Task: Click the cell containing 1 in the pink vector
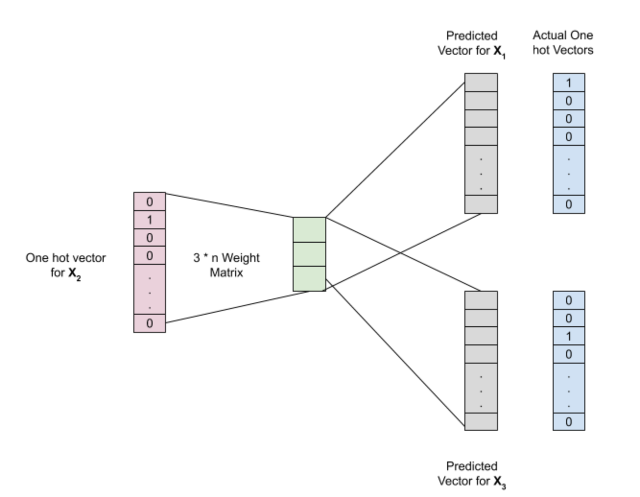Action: click(150, 220)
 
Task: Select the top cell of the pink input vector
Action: click(150, 201)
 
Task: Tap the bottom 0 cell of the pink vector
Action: click(150, 323)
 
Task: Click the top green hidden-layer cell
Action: click(309, 230)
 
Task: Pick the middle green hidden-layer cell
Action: click(309, 254)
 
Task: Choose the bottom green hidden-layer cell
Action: click(309, 279)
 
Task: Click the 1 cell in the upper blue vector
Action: click(569, 83)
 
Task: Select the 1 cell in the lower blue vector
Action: click(569, 336)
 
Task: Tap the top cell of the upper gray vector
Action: click(481, 83)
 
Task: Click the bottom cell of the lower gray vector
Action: click(481, 422)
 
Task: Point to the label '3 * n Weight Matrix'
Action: click(226, 265)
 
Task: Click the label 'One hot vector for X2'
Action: click(66, 266)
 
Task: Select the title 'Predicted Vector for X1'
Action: click(472, 44)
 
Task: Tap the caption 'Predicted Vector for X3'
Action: click(472, 474)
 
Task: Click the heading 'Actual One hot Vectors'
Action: click(563, 43)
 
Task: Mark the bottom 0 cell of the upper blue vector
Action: click(569, 204)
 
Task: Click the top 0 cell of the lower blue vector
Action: click(569, 300)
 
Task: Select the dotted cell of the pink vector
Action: click(150, 289)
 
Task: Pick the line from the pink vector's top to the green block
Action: click(229, 205)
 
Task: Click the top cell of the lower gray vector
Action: click(481, 300)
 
